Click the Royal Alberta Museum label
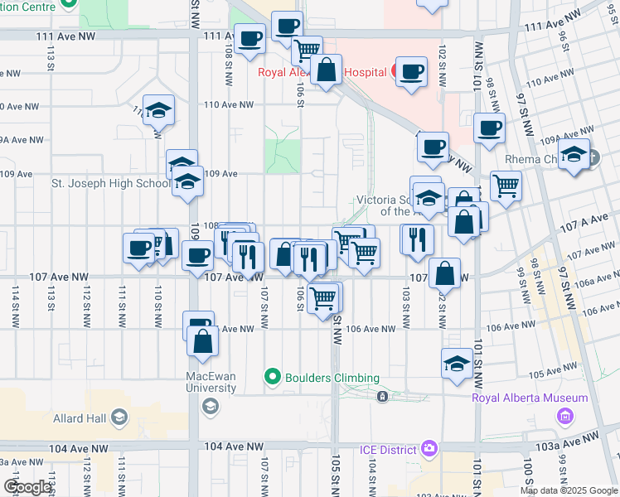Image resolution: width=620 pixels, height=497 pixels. (530, 398)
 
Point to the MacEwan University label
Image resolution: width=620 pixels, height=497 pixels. (211, 382)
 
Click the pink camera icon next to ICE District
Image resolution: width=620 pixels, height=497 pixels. (429, 449)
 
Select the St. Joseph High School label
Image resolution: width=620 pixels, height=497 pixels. (110, 183)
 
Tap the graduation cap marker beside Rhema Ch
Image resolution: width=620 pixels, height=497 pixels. (574, 154)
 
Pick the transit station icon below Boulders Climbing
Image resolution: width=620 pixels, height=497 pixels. (382, 397)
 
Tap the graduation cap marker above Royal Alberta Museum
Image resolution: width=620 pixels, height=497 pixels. (457, 363)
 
